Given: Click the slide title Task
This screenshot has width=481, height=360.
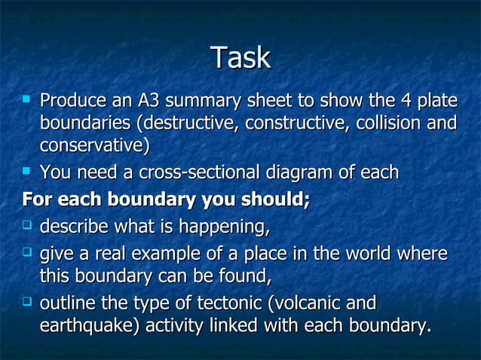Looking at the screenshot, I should pos(240,59).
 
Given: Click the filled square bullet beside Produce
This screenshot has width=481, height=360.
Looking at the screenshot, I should pos(27,99).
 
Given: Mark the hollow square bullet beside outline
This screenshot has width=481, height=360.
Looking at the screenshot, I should pos(27,303).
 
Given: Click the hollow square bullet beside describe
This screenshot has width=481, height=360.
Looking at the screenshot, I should pos(27,225).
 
